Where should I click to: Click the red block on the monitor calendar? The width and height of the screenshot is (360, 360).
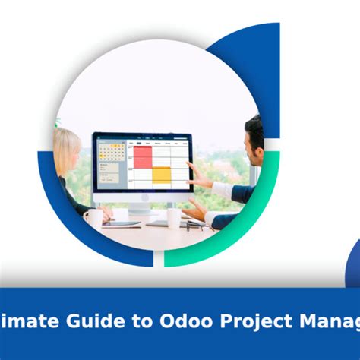click(142, 156)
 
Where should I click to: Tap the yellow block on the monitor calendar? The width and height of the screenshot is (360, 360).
click(161, 175)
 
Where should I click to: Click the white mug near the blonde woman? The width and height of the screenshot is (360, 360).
click(93, 217)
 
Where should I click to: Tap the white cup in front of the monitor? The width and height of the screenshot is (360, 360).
click(174, 218)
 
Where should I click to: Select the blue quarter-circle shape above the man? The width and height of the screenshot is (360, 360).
click(251, 61)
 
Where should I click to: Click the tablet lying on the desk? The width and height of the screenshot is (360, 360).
click(122, 223)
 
